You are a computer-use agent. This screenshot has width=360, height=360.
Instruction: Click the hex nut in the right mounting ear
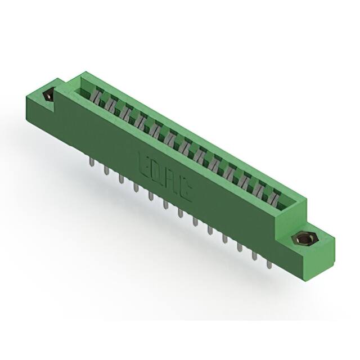pos(304,241)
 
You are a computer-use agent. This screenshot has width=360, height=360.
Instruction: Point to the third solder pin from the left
pos(120,180)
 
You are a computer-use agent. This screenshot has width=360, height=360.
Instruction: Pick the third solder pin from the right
pos(239,247)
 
